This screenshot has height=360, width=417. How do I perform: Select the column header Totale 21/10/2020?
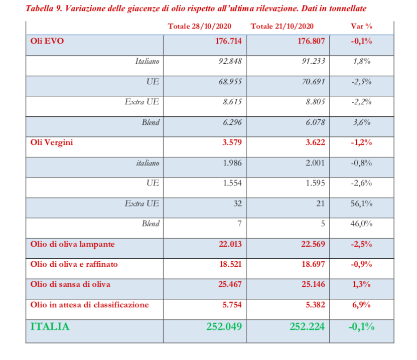point(289,26)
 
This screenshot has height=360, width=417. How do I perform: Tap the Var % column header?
point(361,26)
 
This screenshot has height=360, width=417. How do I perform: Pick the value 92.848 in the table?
point(229,62)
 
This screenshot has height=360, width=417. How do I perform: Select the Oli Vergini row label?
point(52,142)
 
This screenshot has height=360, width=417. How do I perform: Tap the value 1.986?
point(232,163)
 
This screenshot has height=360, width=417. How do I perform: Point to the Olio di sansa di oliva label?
point(71,284)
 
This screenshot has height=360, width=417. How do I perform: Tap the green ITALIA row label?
point(50,326)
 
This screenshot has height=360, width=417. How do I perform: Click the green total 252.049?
point(224,326)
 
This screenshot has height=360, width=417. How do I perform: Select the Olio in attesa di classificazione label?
point(90,304)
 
